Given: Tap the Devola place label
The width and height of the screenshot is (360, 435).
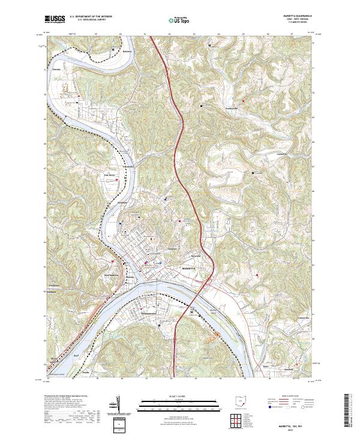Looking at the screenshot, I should [56, 70].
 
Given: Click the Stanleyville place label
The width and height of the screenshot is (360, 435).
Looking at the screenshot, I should [232, 108].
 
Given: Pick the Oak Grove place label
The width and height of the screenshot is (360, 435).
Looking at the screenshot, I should [110, 175].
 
